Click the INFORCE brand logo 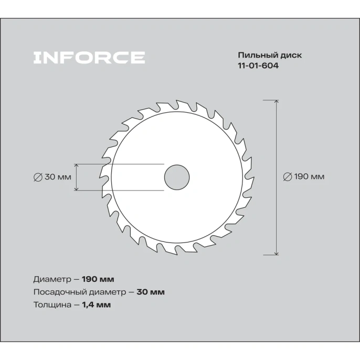point(89,57)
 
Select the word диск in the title point(290,55)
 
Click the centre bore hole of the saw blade point(177,177)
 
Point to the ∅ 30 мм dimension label point(52,177)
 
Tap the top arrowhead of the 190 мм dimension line point(277,101)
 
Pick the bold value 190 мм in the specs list point(99,279)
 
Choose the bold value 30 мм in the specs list point(151,292)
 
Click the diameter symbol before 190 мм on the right point(287,177)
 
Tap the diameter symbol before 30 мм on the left point(37,177)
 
